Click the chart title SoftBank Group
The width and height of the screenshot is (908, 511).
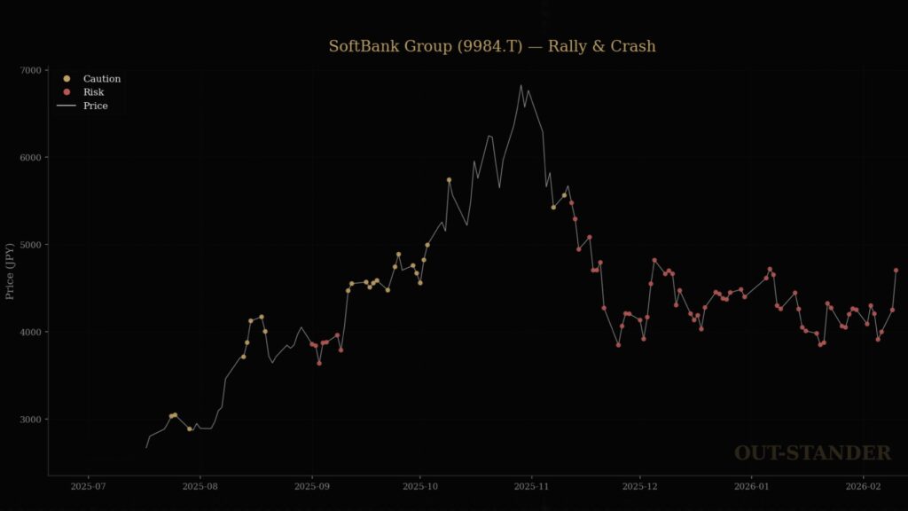(492, 46)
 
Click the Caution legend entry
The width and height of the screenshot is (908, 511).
(101, 79)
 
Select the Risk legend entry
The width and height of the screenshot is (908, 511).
(93, 92)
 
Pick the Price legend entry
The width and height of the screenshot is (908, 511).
(95, 106)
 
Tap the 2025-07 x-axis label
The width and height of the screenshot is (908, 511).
(88, 486)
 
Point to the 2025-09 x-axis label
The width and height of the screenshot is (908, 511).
(311, 486)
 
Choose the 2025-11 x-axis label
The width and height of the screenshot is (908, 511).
(531, 486)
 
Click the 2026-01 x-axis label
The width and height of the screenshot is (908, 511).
(751, 486)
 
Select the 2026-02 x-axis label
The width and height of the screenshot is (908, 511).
(863, 486)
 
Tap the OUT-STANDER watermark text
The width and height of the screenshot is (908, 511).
(812, 453)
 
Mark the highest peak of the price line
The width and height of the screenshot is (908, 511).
(521, 85)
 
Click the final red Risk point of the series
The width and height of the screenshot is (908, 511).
(896, 270)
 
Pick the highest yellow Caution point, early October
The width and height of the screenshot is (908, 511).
(449, 179)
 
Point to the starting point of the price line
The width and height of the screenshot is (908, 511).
(146, 447)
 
